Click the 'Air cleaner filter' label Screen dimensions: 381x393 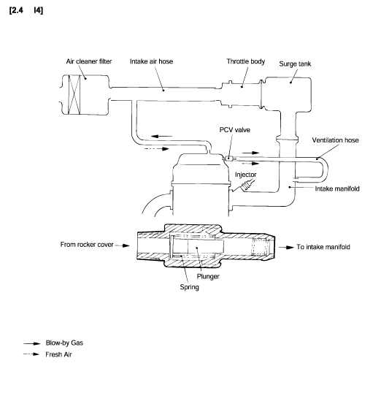point(89,61)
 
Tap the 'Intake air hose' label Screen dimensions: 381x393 point(151,61)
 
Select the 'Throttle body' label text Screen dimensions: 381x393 point(245,61)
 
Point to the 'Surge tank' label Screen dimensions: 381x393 point(295,64)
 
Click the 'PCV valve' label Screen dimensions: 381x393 point(234,130)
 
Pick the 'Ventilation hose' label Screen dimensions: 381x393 point(335,140)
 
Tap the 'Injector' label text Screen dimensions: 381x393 point(245,175)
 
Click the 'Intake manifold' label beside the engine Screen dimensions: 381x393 point(337,188)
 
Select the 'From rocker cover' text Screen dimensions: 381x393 point(87,245)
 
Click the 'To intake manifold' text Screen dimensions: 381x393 point(323,247)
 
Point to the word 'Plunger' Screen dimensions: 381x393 point(208,276)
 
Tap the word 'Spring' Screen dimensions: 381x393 point(189,287)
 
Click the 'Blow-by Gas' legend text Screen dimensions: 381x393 point(64,343)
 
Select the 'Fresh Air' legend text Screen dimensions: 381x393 point(58,354)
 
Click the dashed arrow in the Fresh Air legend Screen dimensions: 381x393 point(31,354)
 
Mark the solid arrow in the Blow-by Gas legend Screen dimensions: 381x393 point(32,343)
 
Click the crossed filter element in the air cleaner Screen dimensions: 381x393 point(74,95)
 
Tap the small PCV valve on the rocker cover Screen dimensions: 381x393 point(228,159)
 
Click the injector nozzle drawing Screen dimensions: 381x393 point(246,186)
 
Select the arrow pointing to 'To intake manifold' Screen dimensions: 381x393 point(286,248)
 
